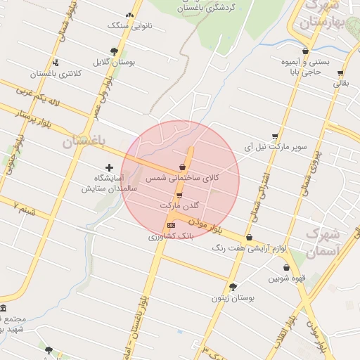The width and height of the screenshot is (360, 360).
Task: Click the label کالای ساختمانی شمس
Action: pos(183,179)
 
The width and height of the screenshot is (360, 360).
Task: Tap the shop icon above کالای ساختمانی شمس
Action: pos(183,167)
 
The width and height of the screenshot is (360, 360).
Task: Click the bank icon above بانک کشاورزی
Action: pos(170,225)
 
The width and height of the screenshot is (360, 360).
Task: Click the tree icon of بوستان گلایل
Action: pos(114,51)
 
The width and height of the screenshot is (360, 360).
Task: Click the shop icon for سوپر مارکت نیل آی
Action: pos(274,137)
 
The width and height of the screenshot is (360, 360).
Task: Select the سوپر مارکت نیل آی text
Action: pos(274,148)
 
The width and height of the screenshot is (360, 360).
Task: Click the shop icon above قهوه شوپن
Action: pos(286,267)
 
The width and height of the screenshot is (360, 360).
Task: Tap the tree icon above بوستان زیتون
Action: pos(233,286)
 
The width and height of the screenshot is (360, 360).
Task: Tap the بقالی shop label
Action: pos(340,83)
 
